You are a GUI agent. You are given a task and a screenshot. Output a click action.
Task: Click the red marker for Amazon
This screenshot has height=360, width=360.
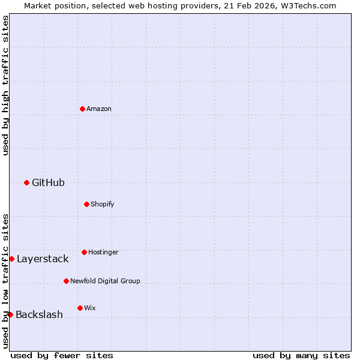82,109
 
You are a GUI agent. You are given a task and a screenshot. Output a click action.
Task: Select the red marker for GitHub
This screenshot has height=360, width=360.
26,182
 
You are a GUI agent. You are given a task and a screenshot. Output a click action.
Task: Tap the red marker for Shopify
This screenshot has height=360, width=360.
86,204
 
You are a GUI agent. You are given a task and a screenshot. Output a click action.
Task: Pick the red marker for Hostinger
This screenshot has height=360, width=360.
84,252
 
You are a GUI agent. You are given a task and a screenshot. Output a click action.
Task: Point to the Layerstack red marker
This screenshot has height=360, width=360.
11,259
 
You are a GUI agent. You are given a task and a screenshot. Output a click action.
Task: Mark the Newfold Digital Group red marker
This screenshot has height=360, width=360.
66,281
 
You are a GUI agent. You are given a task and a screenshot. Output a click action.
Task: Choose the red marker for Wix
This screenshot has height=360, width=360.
80,308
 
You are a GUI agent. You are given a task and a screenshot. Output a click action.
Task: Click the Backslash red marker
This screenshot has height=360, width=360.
10,314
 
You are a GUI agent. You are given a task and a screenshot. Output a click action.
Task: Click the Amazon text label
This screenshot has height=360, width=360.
99,109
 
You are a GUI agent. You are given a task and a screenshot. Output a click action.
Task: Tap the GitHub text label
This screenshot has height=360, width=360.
48,182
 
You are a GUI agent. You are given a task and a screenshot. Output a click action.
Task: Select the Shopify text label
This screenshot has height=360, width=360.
102,204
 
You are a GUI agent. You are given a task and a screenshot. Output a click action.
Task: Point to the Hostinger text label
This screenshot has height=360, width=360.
103,252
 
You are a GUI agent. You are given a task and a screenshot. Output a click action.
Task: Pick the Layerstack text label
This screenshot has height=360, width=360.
43,259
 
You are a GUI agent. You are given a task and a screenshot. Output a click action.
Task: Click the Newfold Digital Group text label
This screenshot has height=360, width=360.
105,281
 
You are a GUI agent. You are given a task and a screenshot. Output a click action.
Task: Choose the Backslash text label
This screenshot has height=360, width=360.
39,314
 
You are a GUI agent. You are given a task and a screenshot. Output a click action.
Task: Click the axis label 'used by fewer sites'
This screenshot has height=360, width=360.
62,355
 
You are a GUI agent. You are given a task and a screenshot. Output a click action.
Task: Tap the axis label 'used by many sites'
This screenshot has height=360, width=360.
301,355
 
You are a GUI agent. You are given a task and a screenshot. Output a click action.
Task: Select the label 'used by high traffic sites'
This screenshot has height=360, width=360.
5,85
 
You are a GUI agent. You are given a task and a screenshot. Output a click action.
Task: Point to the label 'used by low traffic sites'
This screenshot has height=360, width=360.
5,281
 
